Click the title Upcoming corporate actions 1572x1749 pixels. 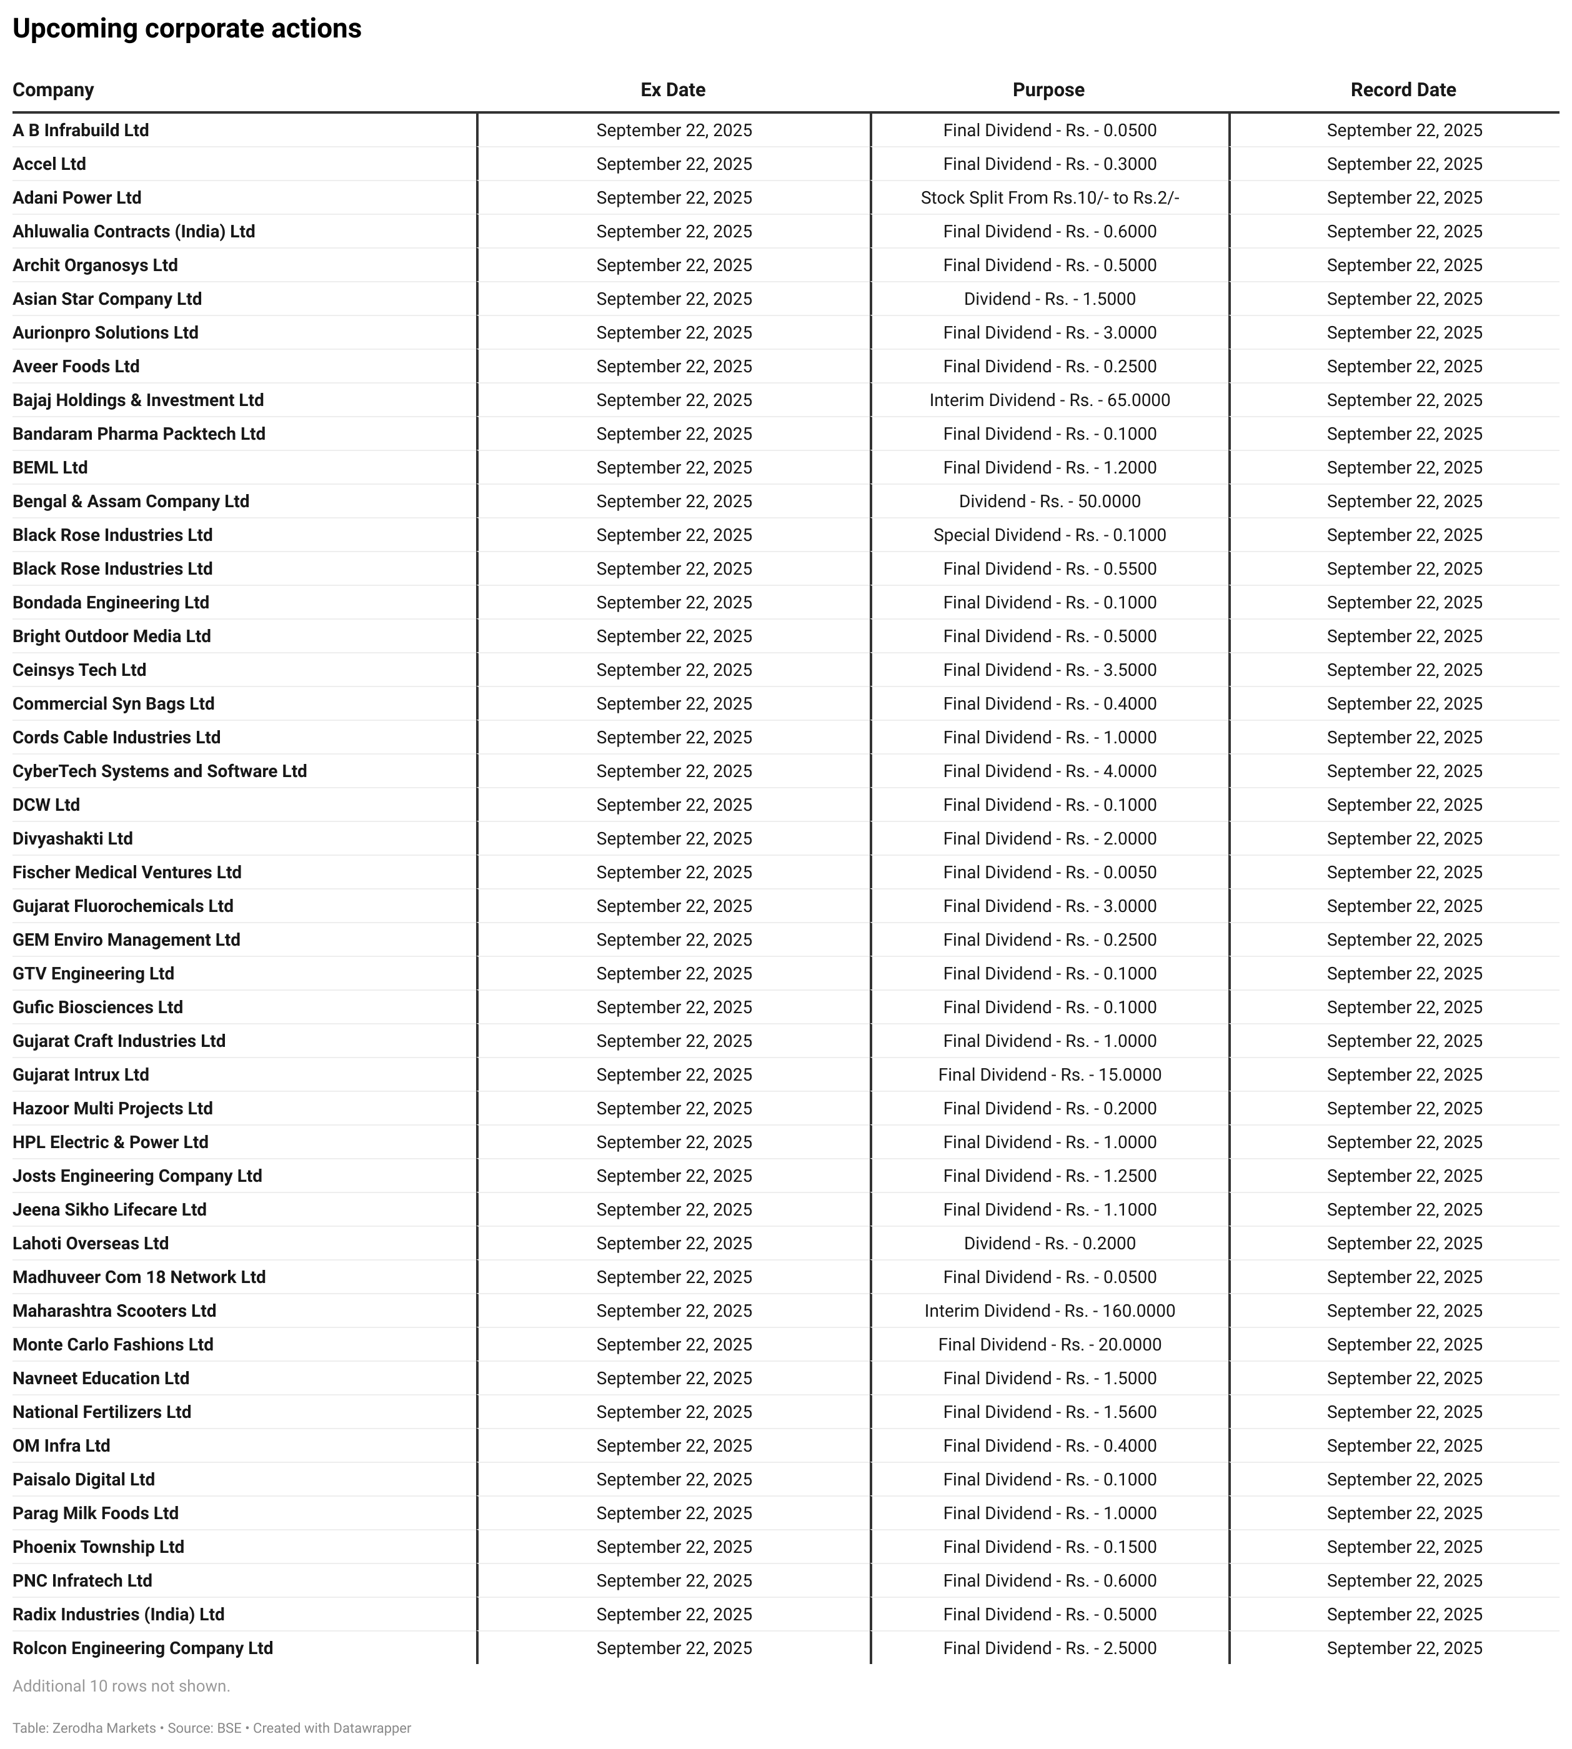(187, 29)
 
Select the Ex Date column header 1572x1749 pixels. (673, 90)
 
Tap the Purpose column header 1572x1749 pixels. (1048, 90)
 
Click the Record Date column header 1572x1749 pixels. (1403, 90)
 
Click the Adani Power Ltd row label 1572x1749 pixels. (77, 198)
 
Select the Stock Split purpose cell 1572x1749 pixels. (1050, 198)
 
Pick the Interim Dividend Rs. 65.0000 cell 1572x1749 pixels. (1050, 400)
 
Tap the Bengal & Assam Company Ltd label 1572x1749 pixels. (131, 501)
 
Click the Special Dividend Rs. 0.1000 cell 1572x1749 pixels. (1050, 535)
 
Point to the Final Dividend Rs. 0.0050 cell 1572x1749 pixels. (1050, 873)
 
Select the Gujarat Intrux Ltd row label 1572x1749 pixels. (81, 1074)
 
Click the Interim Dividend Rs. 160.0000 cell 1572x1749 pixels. (1050, 1311)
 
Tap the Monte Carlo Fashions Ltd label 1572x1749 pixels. (112, 1344)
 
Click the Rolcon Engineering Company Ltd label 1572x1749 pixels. (142, 1648)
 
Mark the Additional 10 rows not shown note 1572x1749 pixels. (121, 1685)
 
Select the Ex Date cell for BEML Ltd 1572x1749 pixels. (674, 467)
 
